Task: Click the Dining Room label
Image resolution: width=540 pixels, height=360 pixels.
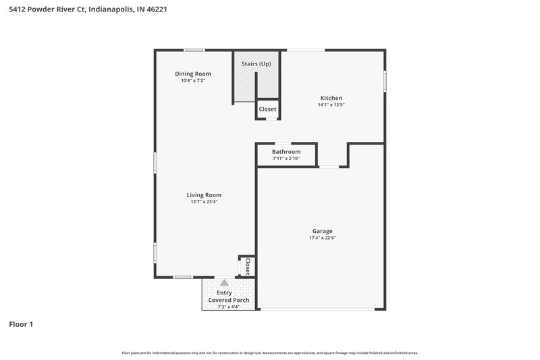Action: [193, 74]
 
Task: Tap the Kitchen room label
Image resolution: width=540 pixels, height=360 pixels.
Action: [331, 98]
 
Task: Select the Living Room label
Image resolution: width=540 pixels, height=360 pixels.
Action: [204, 195]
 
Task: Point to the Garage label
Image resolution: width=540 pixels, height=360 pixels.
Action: [322, 231]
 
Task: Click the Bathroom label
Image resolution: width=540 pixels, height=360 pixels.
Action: [286, 152]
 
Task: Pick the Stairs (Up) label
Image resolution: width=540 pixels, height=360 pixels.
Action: [256, 63]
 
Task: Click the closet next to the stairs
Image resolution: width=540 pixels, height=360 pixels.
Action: [267, 109]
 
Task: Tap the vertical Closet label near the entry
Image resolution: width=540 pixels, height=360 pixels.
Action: [247, 266]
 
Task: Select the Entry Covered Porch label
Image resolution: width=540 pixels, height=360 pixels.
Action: [228, 297]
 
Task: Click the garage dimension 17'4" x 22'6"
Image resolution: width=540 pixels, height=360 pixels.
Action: [322, 238]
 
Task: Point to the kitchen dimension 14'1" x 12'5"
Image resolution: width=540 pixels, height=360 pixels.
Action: [331, 105]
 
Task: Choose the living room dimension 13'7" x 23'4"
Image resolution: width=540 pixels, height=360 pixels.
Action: [204, 201]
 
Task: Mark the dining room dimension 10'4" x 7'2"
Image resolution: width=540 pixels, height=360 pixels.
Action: [193, 80]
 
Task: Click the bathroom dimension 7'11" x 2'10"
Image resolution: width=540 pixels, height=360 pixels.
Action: [286, 159]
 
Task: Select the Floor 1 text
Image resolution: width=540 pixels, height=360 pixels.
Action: [21, 325]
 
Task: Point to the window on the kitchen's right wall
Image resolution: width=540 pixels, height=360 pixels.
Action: [385, 81]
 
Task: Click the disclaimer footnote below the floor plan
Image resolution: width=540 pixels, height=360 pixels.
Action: [269, 353]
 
